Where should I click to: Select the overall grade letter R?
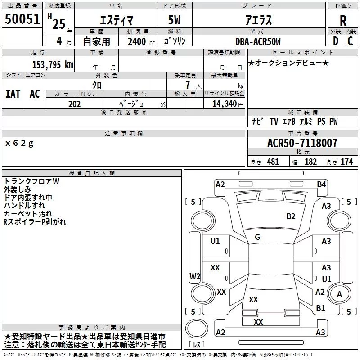pos(343,20)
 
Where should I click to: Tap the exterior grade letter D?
pos(335,41)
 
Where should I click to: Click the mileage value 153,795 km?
pos(53,64)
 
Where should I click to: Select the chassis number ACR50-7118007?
pos(302,143)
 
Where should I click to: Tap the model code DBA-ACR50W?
pos(258,41)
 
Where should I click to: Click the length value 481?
pos(273,162)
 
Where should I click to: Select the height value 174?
pos(346,162)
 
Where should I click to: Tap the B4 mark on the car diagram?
pos(321,184)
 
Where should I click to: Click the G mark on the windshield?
pos(257,237)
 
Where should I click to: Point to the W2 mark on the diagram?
pos(195,276)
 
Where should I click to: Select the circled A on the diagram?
pos(339,294)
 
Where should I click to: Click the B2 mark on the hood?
pos(291,216)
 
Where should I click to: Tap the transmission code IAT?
pos(13,94)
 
